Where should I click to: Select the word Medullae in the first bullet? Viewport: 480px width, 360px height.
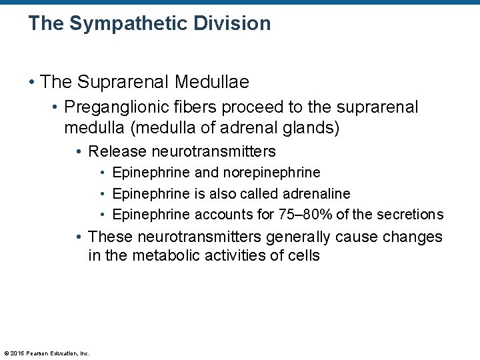click(212, 83)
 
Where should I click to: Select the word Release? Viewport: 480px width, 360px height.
click(113, 152)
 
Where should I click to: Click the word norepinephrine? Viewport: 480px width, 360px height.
click(271, 173)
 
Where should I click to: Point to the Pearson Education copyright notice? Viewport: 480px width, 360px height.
click(46, 353)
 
